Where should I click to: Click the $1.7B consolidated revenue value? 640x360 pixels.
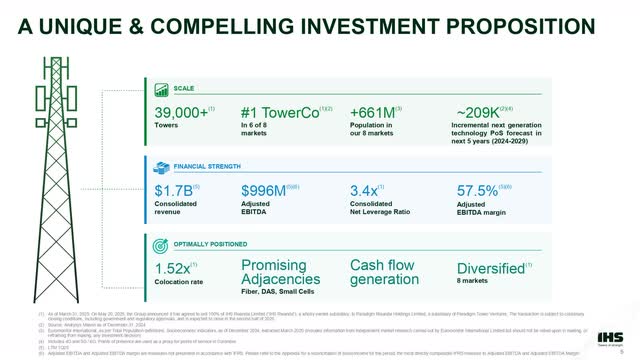pos(174,190)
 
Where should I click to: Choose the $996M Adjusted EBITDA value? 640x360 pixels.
pos(267,190)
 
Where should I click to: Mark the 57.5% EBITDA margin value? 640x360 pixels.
pos(481,190)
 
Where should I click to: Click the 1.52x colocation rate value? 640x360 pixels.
pos(175,267)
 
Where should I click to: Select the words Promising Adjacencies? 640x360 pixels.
pos(282,272)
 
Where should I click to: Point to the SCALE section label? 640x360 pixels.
pos(183,89)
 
